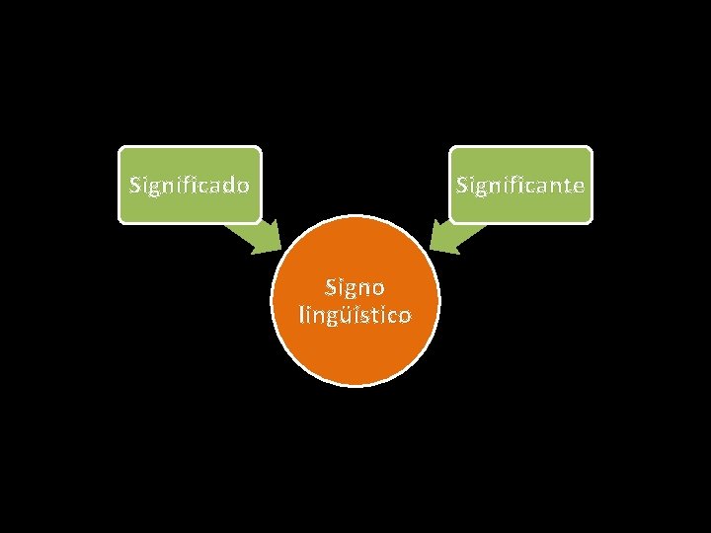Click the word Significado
[190, 185]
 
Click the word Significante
[520, 185]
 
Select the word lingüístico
[355, 316]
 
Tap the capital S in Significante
[460, 185]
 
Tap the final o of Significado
[242, 186]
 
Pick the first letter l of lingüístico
[300, 315]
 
